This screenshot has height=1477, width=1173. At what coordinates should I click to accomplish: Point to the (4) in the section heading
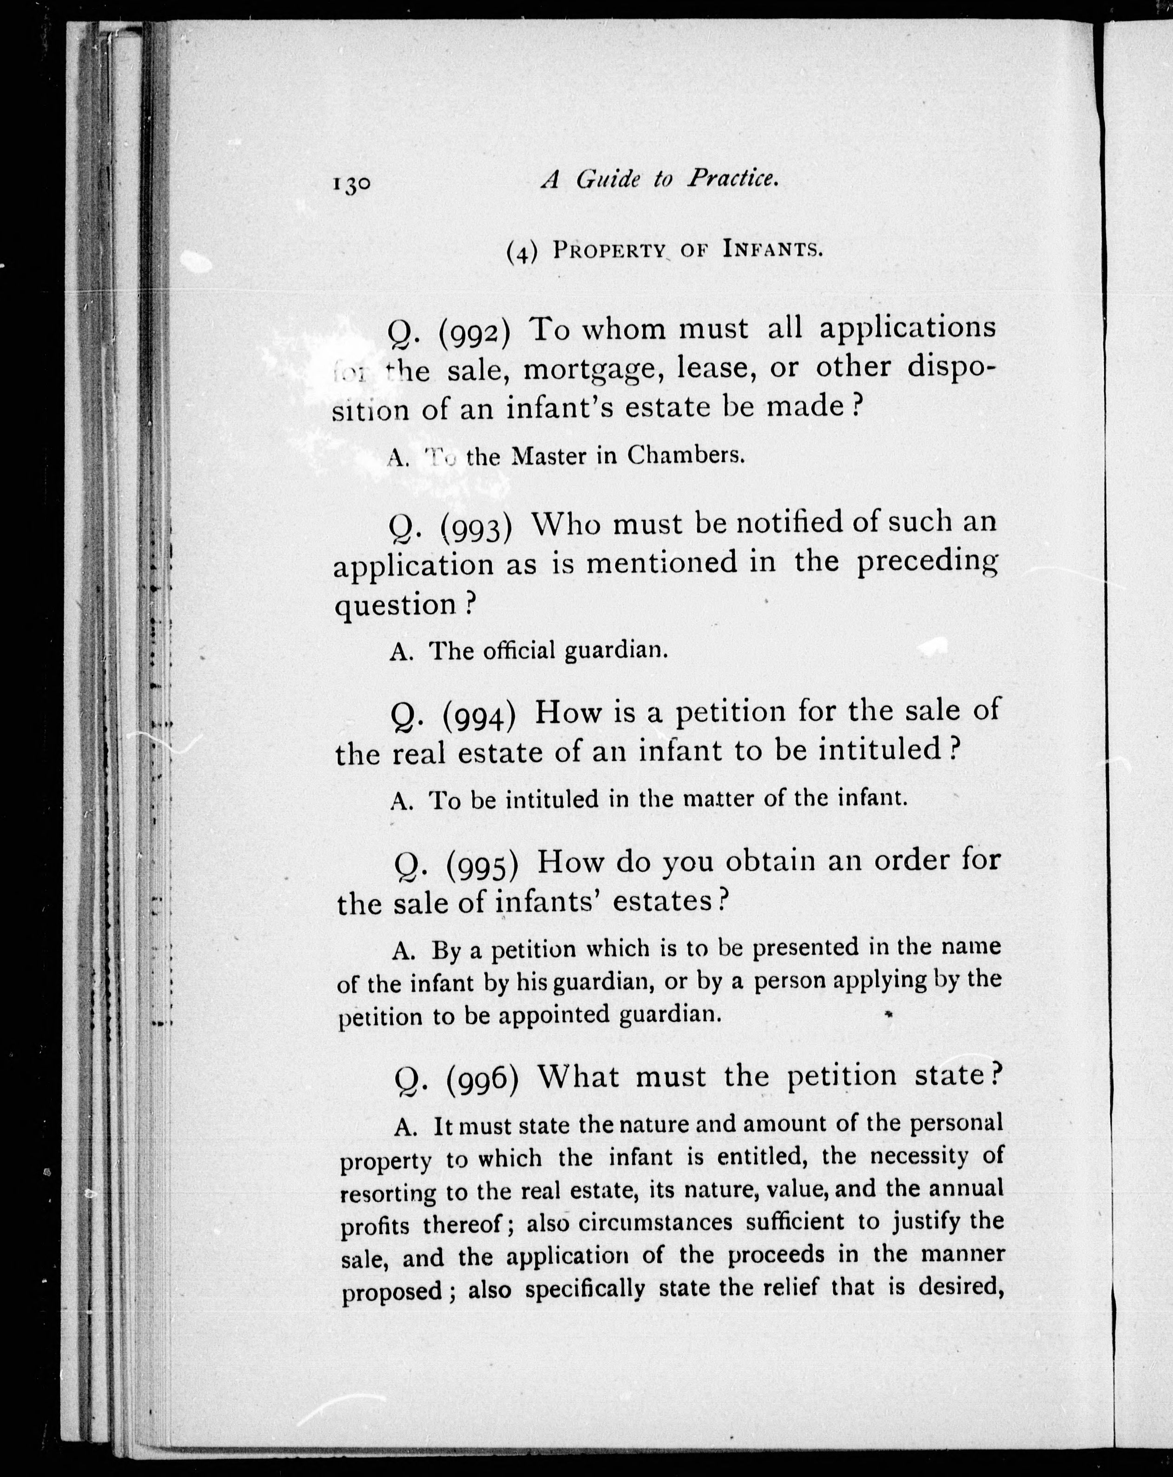[520, 252]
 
